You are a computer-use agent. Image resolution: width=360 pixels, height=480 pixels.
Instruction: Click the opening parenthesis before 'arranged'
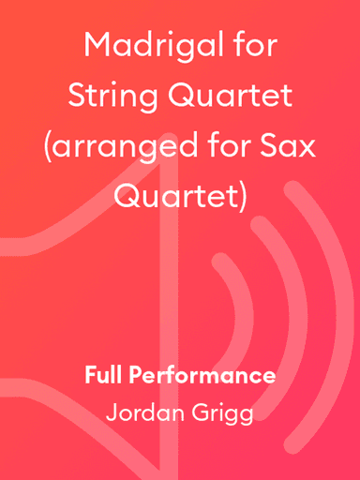tap(49, 147)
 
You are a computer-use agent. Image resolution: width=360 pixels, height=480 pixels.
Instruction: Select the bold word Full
tap(103, 376)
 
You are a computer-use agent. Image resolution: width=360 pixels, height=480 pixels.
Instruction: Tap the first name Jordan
tap(140, 412)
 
